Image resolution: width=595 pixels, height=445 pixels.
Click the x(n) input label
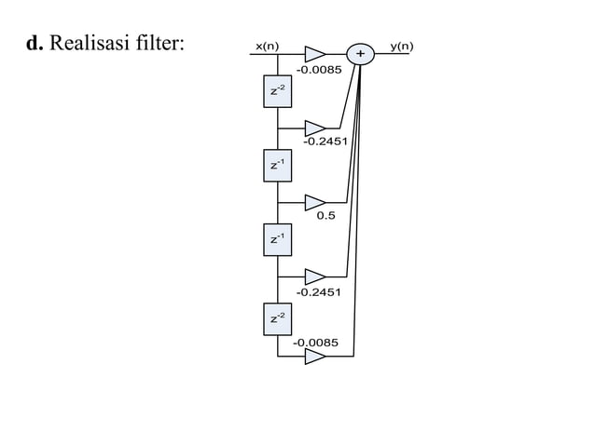[x=267, y=46]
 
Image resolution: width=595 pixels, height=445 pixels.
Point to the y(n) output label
[x=402, y=46]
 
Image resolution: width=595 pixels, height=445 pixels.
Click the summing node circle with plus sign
[x=360, y=54]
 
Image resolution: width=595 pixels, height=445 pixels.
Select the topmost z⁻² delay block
[x=278, y=91]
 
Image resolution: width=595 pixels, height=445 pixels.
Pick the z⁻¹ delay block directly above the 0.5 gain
[x=278, y=166]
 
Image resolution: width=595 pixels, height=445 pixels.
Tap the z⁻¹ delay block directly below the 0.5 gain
[x=278, y=240]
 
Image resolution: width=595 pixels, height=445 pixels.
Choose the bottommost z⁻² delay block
[x=278, y=319]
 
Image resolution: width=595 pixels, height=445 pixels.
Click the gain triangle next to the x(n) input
[x=315, y=54]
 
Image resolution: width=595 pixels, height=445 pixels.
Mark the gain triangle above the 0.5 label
[x=315, y=203]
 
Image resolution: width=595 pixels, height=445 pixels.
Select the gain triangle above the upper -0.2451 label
[x=315, y=128]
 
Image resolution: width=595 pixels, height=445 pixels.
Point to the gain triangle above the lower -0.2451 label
[x=315, y=277]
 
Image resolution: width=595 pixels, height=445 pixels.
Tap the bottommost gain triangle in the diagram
[x=315, y=357]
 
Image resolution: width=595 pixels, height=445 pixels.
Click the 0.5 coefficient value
[x=326, y=217]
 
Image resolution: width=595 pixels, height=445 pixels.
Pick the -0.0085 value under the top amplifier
[x=319, y=70]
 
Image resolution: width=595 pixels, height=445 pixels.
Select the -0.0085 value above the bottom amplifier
[x=316, y=343]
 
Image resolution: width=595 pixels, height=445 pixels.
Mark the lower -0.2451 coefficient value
[x=318, y=292]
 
